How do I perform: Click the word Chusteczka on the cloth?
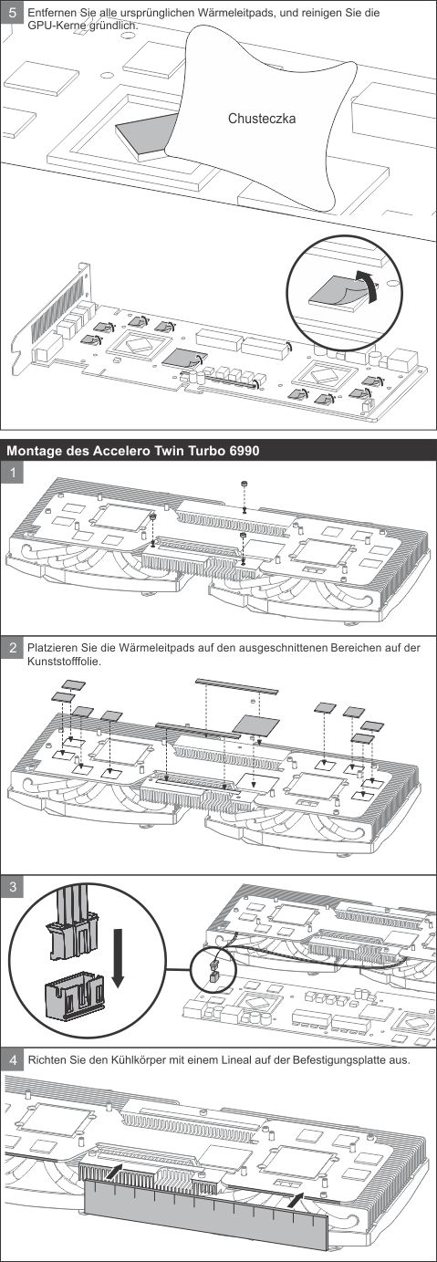pyautogui.click(x=261, y=119)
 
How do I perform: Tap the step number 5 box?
pyautogui.click(x=13, y=14)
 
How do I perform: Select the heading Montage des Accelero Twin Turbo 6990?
pyautogui.click(x=133, y=452)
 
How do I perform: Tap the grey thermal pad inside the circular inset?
pyautogui.click(x=338, y=293)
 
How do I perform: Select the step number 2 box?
pyautogui.click(x=13, y=648)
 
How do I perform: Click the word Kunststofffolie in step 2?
pyautogui.click(x=64, y=662)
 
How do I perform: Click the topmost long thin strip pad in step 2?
pyautogui.click(x=236, y=685)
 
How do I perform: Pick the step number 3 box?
pyautogui.click(x=13, y=887)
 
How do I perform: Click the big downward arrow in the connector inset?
pyautogui.click(x=117, y=958)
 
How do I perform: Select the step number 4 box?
pyautogui.click(x=13, y=1059)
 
